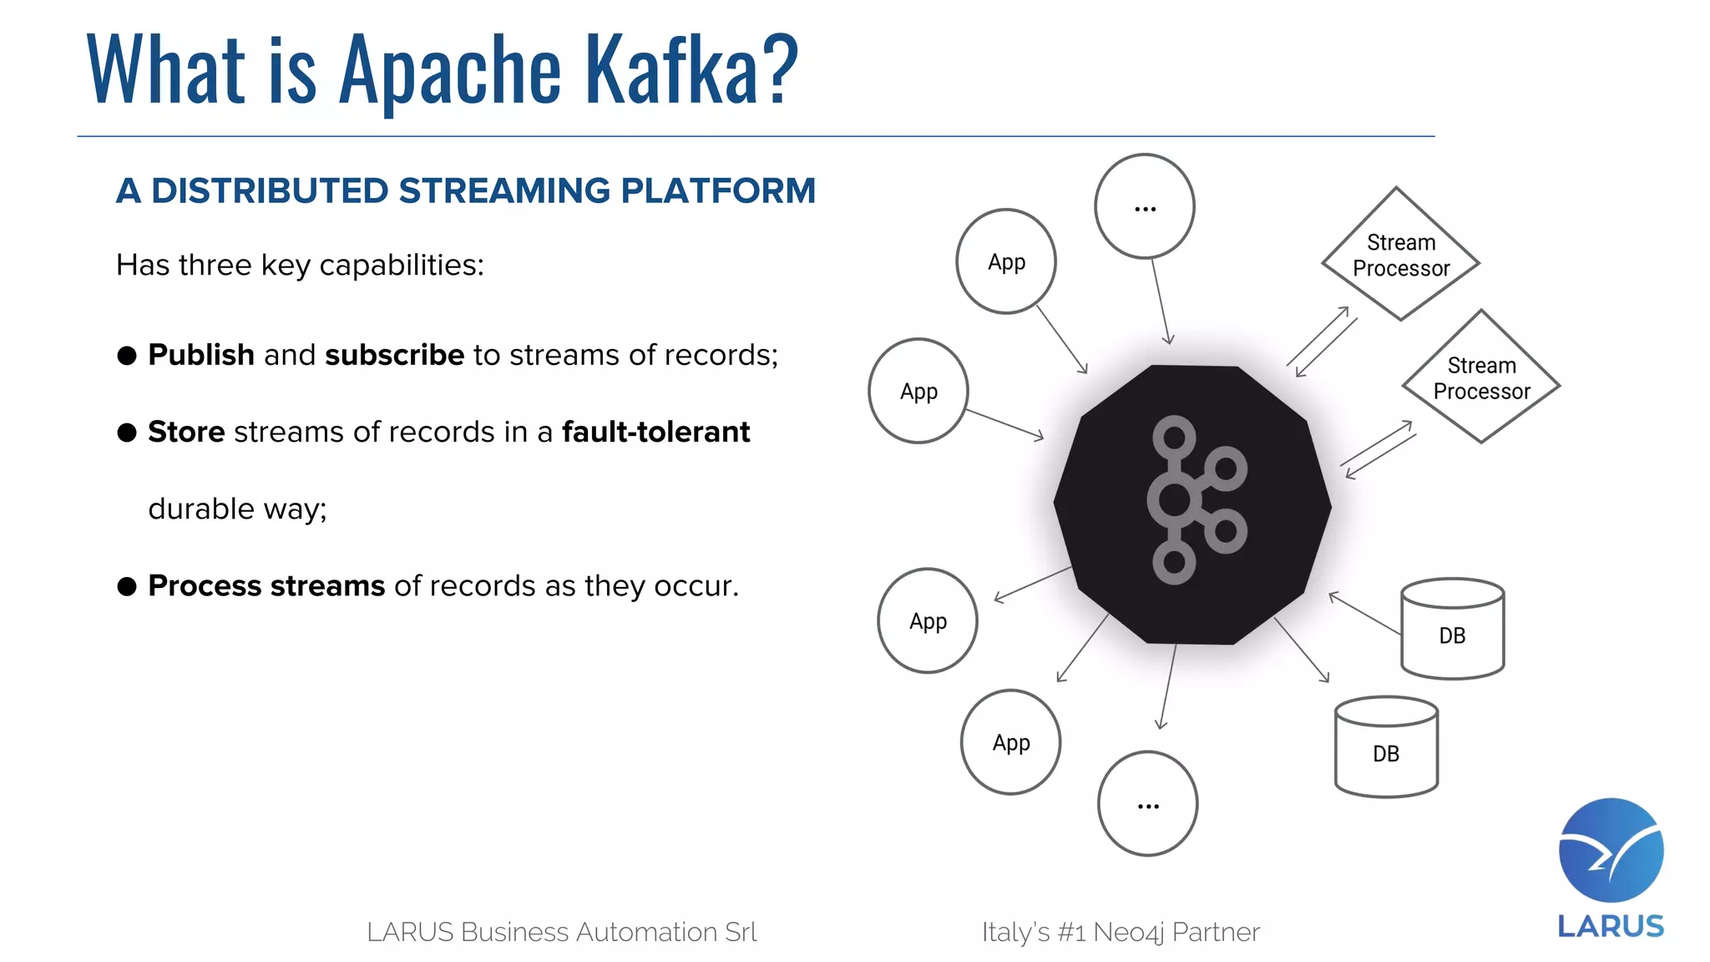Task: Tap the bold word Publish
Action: click(x=200, y=355)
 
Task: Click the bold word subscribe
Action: click(x=394, y=355)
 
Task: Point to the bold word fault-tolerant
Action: click(x=655, y=432)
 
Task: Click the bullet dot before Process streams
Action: click(x=127, y=586)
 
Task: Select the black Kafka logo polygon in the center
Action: click(x=1192, y=504)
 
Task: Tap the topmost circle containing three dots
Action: click(x=1145, y=206)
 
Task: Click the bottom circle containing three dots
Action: click(x=1147, y=803)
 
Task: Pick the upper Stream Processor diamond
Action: click(x=1400, y=255)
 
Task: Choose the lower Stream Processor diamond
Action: click(x=1481, y=377)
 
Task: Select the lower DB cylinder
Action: click(x=1386, y=748)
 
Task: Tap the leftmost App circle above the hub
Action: click(x=918, y=391)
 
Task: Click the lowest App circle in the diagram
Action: click(x=1010, y=742)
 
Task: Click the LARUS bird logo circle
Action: click(x=1611, y=850)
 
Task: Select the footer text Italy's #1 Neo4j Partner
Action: click(x=1120, y=932)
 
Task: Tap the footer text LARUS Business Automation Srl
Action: click(x=561, y=932)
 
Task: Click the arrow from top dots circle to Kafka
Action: click(x=1161, y=301)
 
